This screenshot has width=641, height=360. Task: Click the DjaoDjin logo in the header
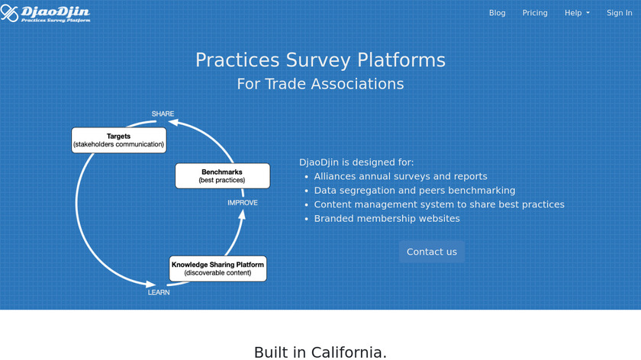pos(46,13)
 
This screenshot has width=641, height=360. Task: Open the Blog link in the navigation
pos(497,13)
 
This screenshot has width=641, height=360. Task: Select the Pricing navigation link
pos(535,13)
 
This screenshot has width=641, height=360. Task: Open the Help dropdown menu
pos(577,13)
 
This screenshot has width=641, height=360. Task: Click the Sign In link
pos(619,13)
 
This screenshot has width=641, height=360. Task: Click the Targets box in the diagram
pos(118,140)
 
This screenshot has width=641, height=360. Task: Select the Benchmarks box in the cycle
pos(222,176)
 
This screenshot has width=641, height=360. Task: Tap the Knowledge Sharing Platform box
pos(217,268)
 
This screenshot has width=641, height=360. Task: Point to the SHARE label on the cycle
pos(163,114)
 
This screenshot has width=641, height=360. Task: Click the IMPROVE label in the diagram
pos(243,203)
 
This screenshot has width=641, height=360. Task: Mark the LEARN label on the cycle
pos(159,292)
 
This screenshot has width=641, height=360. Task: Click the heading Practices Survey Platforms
pos(320,60)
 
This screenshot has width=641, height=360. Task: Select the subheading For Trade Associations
pos(320,84)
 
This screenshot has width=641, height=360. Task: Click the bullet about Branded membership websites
pos(387,218)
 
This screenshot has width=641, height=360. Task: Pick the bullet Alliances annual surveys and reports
pos(401,176)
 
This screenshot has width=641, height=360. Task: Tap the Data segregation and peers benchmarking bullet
pos(414,190)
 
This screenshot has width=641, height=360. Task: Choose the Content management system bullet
pos(439,204)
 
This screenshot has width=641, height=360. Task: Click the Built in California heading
pos(320,352)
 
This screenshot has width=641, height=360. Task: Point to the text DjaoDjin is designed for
pos(356,162)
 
